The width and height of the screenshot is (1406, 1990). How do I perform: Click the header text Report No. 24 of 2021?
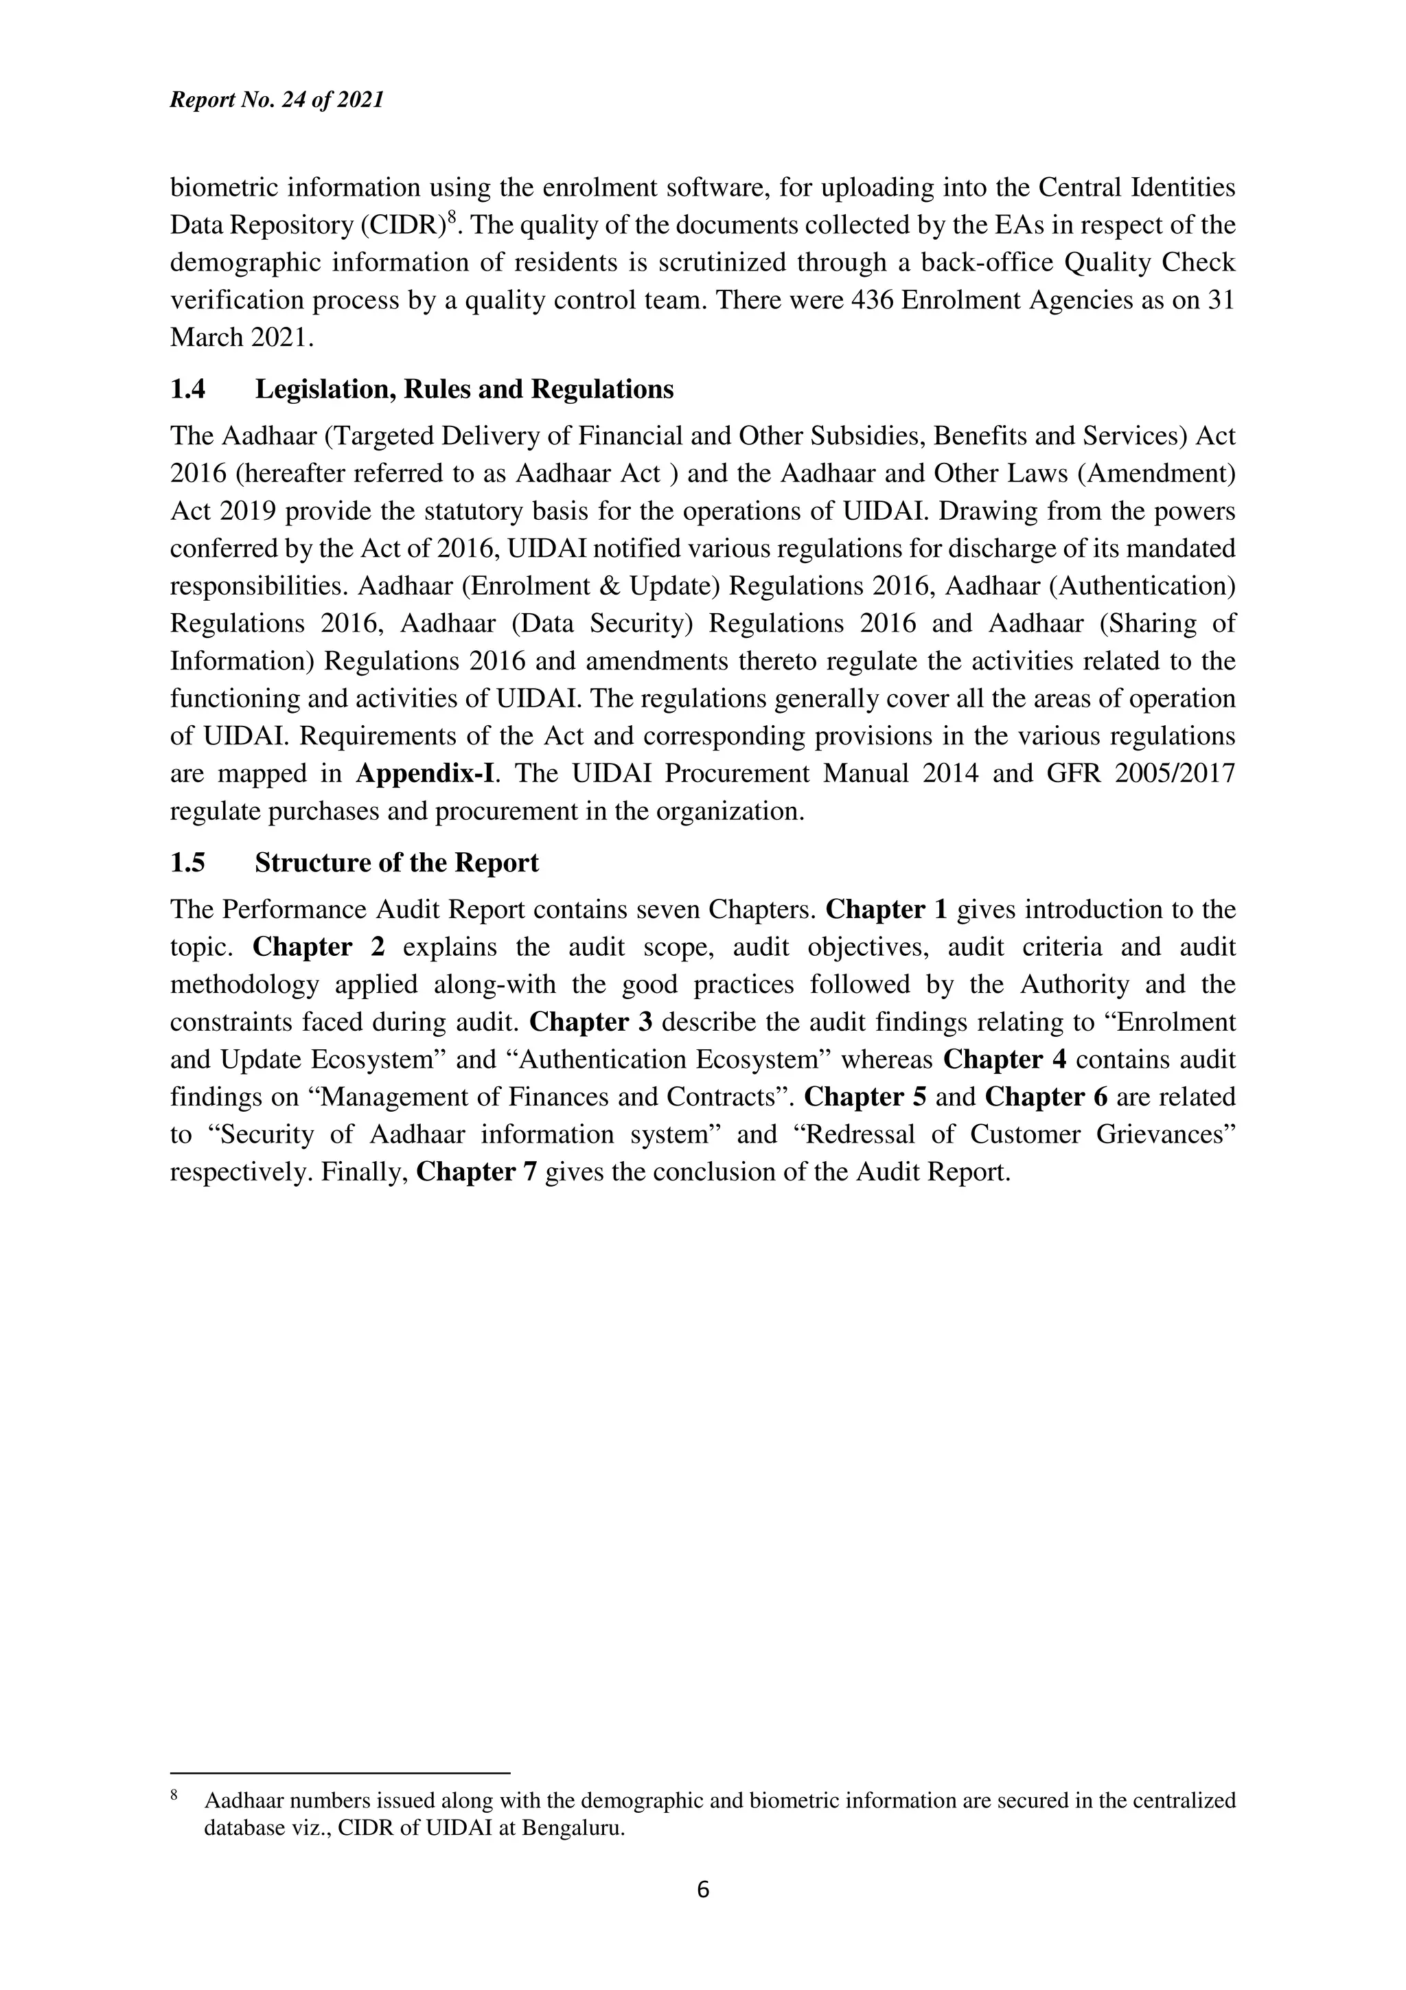(x=277, y=100)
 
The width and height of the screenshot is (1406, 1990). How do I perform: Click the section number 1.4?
(x=188, y=390)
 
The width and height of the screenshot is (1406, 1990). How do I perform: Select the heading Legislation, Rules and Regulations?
(x=463, y=390)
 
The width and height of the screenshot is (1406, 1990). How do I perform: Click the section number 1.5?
(x=188, y=863)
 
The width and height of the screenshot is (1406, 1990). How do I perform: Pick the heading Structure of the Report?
(x=396, y=863)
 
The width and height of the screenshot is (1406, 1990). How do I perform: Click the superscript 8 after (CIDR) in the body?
(x=450, y=217)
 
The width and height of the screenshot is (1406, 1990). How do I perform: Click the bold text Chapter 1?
(x=886, y=910)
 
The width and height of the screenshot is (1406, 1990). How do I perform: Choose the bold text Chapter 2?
(x=318, y=948)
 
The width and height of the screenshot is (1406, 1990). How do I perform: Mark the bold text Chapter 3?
(x=591, y=1022)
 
